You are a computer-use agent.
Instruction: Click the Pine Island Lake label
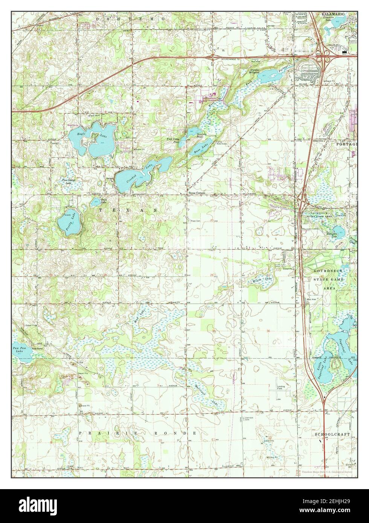(69, 182)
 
